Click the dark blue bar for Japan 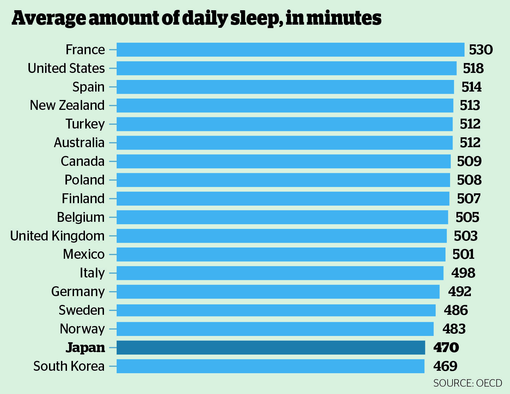click(271, 348)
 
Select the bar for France click(290, 50)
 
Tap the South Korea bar click(270, 366)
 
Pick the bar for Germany click(278, 292)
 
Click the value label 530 click(481, 50)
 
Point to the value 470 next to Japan click(446, 348)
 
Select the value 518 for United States click(473, 68)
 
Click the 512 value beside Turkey click(470, 124)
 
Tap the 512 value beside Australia click(470, 143)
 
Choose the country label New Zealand click(67, 105)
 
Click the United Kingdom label click(57, 236)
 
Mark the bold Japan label click(86, 348)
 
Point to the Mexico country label click(84, 254)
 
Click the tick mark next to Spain click(112, 87)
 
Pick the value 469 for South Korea click(446, 366)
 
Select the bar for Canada click(283, 161)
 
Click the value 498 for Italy click(463, 273)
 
